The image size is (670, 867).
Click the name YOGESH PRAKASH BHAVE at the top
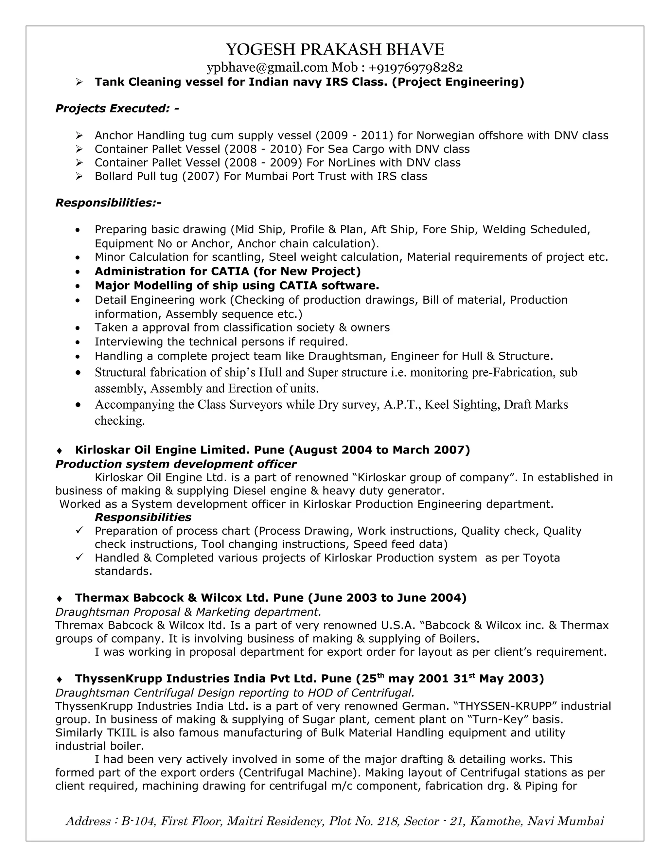click(335, 50)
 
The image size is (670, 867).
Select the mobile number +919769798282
click(415, 67)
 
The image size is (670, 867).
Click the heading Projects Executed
click(117, 108)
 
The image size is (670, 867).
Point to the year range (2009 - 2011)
click(354, 136)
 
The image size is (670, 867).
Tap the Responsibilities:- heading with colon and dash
click(108, 203)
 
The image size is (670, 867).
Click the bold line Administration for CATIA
click(227, 272)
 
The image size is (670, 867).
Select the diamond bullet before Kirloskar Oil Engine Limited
click(60, 451)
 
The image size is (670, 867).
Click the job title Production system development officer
click(175, 464)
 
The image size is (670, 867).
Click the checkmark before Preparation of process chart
click(79, 530)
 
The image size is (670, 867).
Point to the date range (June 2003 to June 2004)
click(387, 598)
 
